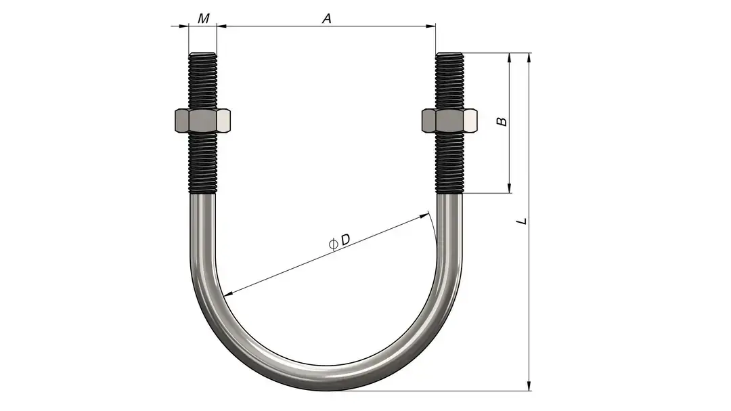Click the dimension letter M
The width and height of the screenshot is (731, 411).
pos(203,19)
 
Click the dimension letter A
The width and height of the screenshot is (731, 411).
pos(327,19)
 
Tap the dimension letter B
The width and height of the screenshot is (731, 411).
pos(502,121)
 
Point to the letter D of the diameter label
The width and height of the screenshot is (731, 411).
pos(345,240)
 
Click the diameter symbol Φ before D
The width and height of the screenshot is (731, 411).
pos(333,244)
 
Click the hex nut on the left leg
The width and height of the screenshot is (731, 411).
pos(203,121)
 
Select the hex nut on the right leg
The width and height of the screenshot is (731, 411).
pos(449,121)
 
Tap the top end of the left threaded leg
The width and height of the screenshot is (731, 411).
pos(203,54)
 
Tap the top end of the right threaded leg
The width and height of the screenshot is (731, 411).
pos(449,54)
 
